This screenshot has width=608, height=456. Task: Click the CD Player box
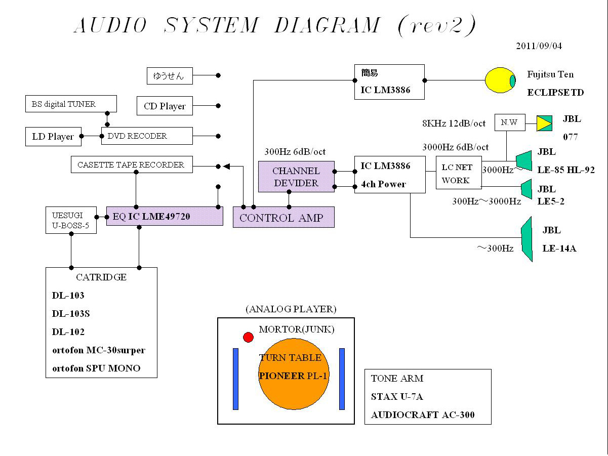(x=165, y=106)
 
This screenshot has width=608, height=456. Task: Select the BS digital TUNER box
(x=71, y=104)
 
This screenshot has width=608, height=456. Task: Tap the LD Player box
(x=53, y=137)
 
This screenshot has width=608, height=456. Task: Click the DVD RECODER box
(x=147, y=136)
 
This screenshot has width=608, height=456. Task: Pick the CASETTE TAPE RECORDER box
(x=132, y=164)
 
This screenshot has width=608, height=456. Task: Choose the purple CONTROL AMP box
(x=283, y=217)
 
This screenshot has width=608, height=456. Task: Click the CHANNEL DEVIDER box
(x=296, y=177)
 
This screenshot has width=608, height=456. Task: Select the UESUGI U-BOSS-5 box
(x=71, y=220)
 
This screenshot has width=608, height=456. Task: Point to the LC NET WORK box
(x=458, y=174)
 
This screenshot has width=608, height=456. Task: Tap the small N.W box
(x=509, y=122)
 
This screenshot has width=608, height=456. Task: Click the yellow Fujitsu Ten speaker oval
(x=500, y=80)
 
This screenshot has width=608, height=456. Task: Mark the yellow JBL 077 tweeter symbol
(x=544, y=123)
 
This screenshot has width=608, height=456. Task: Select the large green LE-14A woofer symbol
(x=527, y=239)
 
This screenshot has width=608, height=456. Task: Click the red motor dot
(x=248, y=337)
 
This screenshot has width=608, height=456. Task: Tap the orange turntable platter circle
(x=294, y=375)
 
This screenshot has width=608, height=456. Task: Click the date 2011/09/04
(x=539, y=46)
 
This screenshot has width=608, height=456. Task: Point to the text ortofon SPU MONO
(x=96, y=368)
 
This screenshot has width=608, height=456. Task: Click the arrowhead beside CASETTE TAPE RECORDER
(x=226, y=165)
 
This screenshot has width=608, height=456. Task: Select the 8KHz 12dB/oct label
(x=454, y=123)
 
